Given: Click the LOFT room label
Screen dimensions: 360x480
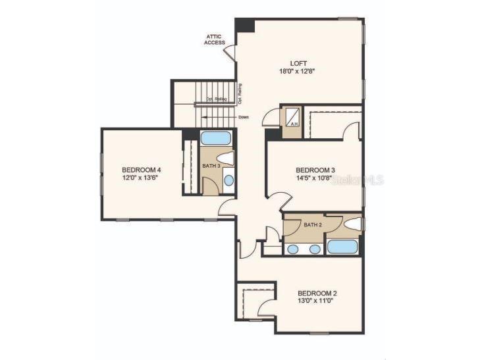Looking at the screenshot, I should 299,63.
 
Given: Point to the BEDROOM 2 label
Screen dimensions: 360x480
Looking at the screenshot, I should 317,293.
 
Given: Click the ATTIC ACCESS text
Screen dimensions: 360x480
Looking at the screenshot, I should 215,39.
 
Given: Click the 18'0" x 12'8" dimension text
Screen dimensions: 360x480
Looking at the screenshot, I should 299,71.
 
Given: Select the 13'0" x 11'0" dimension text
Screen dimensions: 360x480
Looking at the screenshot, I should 317,301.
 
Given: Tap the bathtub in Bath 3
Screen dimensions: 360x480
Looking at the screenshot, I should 215,138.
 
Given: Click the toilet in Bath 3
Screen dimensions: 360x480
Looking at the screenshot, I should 227,158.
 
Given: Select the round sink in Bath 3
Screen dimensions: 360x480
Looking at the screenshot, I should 228,180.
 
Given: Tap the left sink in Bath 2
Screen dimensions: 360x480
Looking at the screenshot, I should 294,249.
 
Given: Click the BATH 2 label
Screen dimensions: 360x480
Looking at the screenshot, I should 312,225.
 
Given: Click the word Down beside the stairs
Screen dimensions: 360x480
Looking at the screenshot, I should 244,117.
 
